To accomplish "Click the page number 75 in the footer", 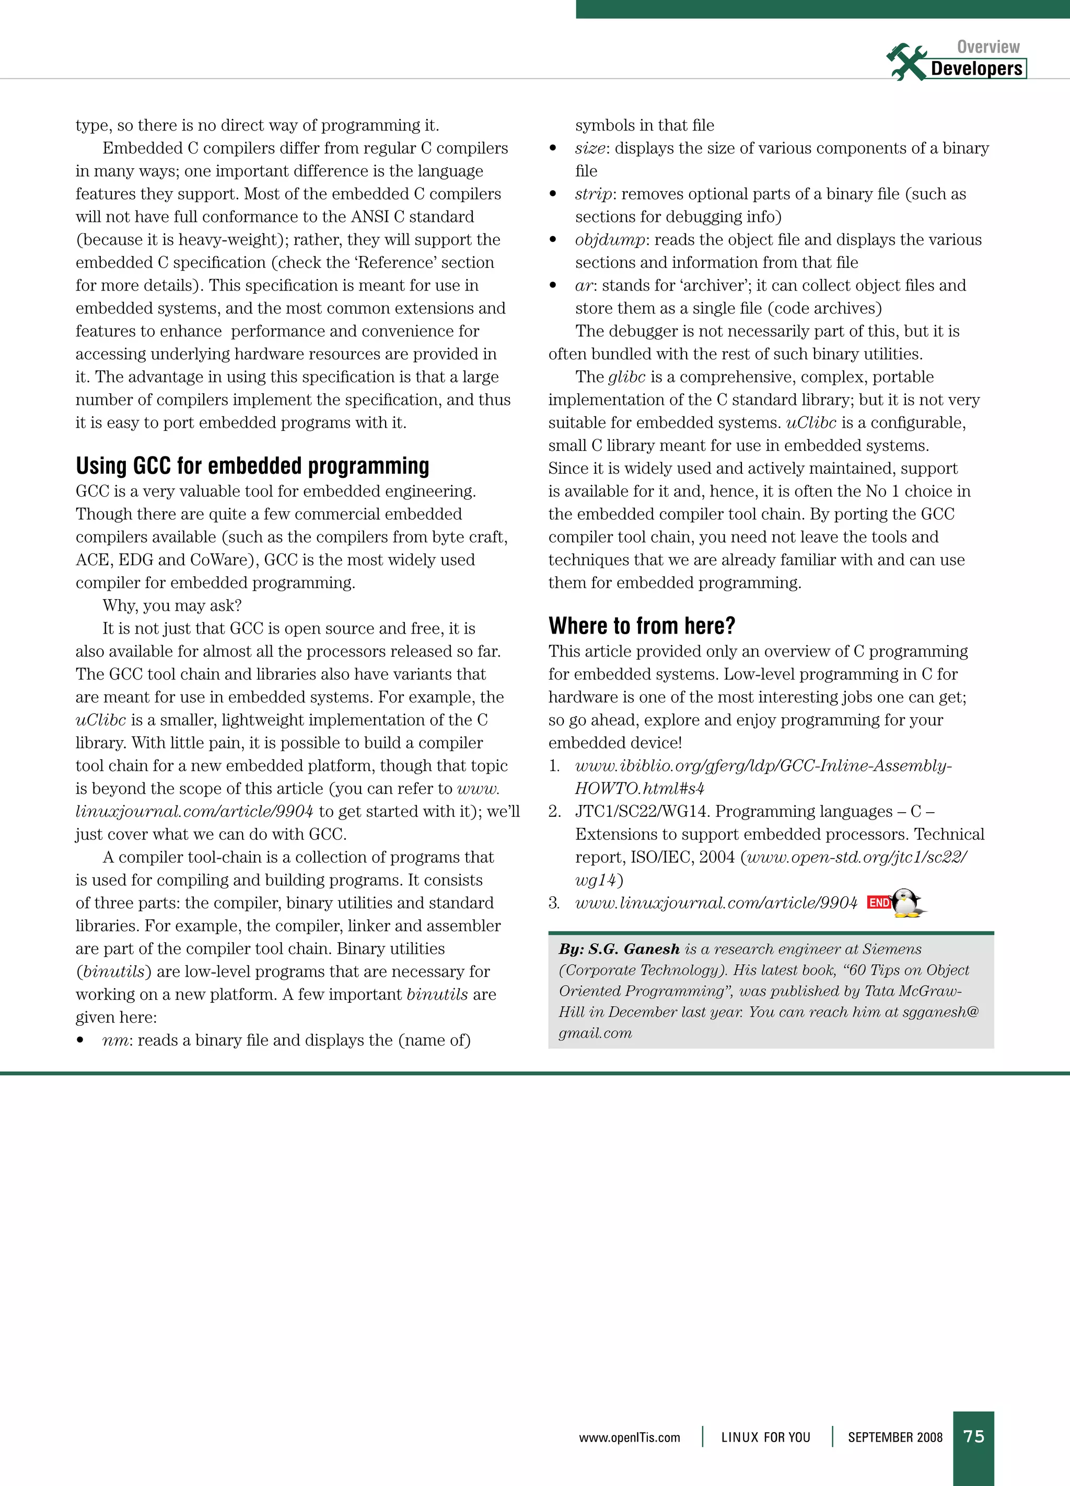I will pyautogui.click(x=974, y=1436).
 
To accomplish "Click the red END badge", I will pyautogui.click(x=879, y=903).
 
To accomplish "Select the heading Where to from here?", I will pyautogui.click(x=642, y=626).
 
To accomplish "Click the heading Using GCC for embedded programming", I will pyautogui.click(x=252, y=466).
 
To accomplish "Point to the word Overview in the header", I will pyautogui.click(x=988, y=46).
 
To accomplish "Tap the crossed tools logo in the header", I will pyautogui.click(x=905, y=62).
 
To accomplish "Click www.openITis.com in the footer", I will pyautogui.click(x=629, y=1437).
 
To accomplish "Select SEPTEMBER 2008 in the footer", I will pyautogui.click(x=894, y=1437).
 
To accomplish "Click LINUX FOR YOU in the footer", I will pyautogui.click(x=765, y=1437).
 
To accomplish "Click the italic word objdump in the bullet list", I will pyautogui.click(x=609, y=240).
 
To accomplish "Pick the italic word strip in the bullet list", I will pyautogui.click(x=594, y=194).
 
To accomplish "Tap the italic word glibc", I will pyautogui.click(x=626, y=377).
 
